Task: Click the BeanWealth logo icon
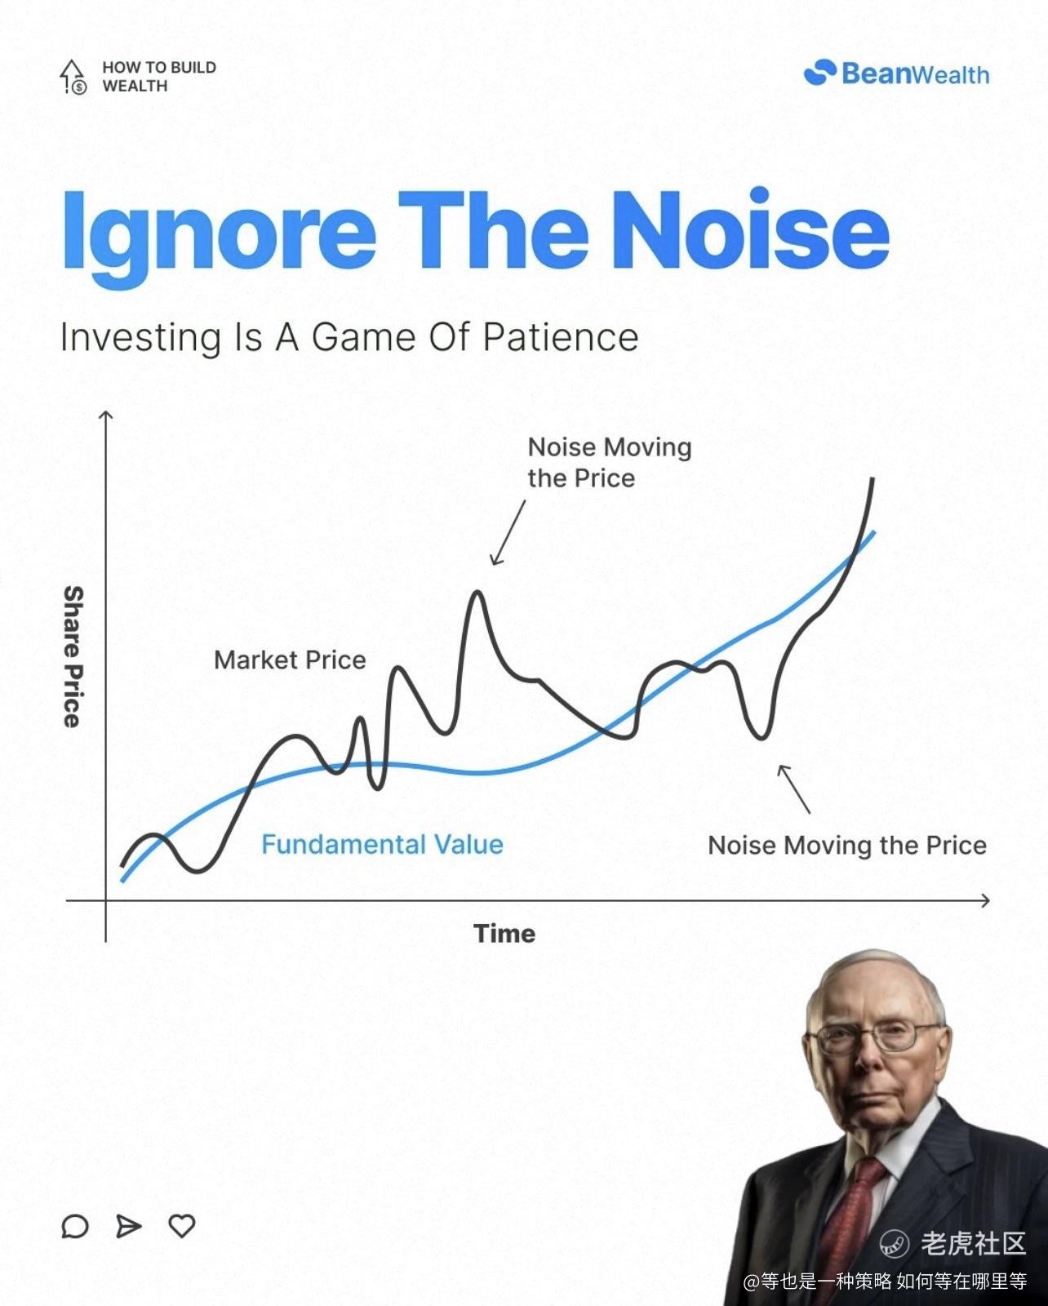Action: coord(819,73)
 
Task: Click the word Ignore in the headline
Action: coord(219,238)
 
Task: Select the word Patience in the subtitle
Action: coord(561,337)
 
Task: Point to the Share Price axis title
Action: coord(73,656)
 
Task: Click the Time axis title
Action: coord(504,933)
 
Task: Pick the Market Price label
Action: coord(290,660)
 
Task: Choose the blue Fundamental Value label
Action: coord(382,844)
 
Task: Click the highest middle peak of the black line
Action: coord(477,592)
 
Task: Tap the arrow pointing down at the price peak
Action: coord(508,533)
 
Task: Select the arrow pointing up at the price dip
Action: coord(793,788)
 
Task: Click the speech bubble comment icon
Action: coord(75,1227)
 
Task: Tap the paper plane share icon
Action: coord(128,1227)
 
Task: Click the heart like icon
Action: coord(181,1226)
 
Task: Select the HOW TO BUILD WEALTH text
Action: coord(159,77)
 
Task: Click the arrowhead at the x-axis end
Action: coord(985,900)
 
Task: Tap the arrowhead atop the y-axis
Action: coord(105,415)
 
